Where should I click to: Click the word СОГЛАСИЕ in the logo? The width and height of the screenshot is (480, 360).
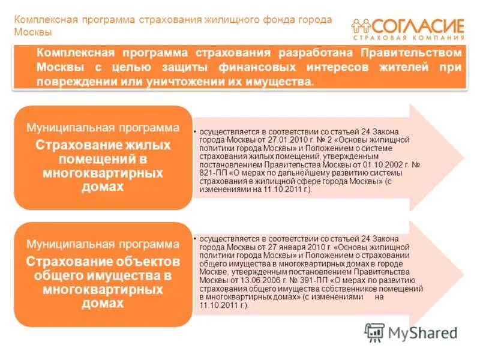coord(419,26)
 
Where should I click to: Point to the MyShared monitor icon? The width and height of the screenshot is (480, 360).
coord(374,332)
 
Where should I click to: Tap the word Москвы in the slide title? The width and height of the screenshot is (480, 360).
coord(34,32)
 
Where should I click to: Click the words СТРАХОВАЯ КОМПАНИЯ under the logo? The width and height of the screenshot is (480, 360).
coord(409,38)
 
